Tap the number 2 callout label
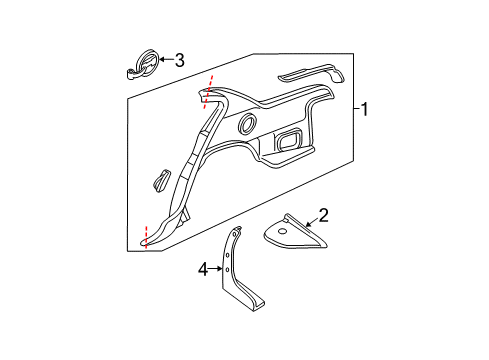pyautogui.click(x=323, y=214)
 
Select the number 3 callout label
pyautogui.click(x=179, y=60)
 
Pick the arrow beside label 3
pyautogui.click(x=165, y=60)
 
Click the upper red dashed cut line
pyautogui.click(x=210, y=86)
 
